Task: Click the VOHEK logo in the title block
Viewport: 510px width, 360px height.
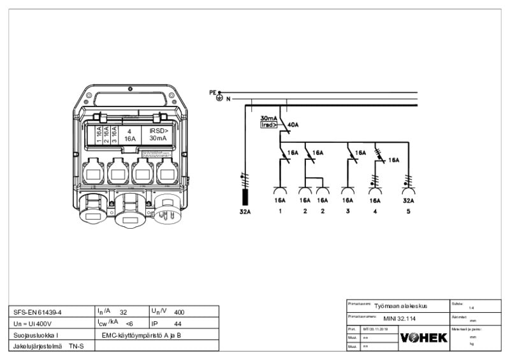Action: click(423, 338)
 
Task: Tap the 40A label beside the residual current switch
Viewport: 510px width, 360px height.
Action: click(293, 125)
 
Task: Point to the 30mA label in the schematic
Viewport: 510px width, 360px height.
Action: click(269, 119)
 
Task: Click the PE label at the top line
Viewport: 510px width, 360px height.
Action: click(213, 92)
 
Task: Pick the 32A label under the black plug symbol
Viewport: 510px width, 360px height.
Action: click(245, 211)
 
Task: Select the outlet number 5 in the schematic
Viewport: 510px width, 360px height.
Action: click(408, 211)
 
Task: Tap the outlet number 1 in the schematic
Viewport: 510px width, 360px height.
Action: click(280, 211)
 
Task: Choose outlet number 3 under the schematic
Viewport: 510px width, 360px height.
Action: click(347, 211)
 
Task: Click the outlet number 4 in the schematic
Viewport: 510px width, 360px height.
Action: click(375, 211)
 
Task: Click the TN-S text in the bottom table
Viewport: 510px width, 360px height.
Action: click(76, 346)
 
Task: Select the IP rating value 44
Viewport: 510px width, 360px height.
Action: click(178, 324)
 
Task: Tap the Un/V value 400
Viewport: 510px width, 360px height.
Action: click(179, 312)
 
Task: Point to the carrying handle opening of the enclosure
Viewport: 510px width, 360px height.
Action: click(135, 99)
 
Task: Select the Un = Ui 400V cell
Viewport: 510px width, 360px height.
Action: click(33, 324)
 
